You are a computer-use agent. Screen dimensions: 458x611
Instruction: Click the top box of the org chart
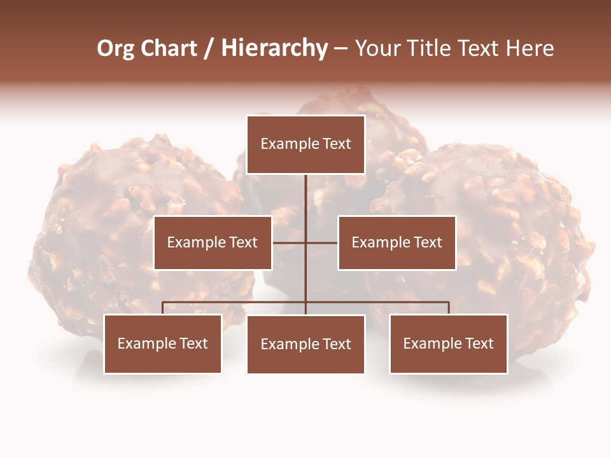coord(305,144)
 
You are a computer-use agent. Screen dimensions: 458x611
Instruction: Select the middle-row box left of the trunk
coord(213,242)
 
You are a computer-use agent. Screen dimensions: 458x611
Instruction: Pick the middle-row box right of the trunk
coord(397,242)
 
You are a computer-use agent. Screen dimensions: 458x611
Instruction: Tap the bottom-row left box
coord(163,343)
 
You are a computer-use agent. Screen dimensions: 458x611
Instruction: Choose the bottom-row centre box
coord(305,344)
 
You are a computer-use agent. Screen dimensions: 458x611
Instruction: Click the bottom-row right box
coord(449,343)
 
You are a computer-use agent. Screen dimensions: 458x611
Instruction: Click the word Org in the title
coord(115,48)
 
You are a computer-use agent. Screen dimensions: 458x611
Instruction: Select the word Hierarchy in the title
coord(274,48)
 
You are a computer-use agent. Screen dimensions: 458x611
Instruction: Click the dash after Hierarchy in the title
coord(341,48)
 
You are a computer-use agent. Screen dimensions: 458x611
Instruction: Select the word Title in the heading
coord(435,48)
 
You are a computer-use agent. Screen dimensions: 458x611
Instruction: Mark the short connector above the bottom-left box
coord(163,308)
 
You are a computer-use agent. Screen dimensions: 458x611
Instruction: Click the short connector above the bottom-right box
coord(449,308)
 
